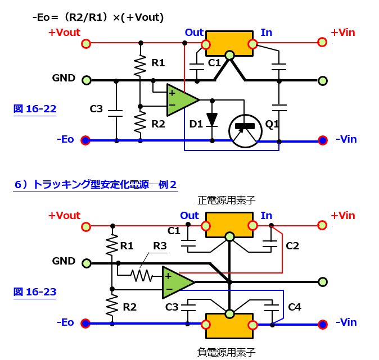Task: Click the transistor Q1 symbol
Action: point(245,130)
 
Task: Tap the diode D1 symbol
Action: point(212,120)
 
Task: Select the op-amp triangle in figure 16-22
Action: point(181,100)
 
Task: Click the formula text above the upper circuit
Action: point(98,17)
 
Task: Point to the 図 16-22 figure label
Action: point(34,109)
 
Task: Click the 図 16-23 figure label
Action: point(34,291)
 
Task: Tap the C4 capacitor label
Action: point(295,307)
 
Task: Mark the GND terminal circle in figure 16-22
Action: point(86,80)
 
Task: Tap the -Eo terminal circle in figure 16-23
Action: point(85,323)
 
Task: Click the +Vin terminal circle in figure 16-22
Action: point(322,42)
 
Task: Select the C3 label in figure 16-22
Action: point(96,108)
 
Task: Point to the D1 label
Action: point(196,124)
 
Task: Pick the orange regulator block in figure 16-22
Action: point(229,43)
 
